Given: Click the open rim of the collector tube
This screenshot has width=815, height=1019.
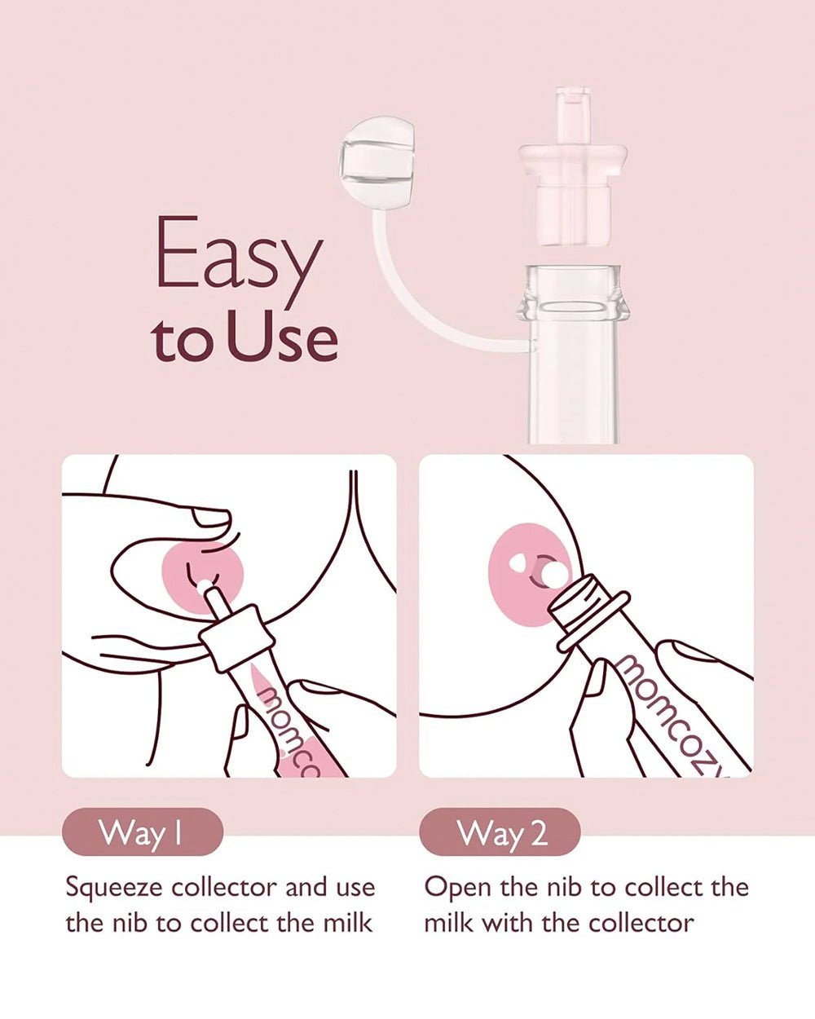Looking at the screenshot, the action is (x=573, y=289).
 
